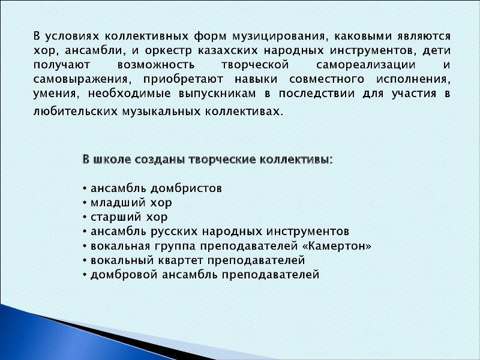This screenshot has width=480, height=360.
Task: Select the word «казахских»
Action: point(228,50)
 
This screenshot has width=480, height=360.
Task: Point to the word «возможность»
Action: point(156,65)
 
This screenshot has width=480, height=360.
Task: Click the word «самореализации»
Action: point(366,65)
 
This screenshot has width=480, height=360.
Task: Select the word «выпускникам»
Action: point(217,94)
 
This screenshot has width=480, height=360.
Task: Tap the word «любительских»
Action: point(76,111)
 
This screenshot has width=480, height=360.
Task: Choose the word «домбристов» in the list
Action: point(186,188)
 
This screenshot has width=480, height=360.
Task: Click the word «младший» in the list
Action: point(118,203)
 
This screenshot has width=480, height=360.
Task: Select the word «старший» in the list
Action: point(116,217)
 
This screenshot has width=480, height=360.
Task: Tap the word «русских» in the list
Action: point(176,232)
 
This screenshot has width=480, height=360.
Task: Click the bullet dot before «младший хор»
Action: point(85,203)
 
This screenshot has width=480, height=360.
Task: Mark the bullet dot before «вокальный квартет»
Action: point(85,261)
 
